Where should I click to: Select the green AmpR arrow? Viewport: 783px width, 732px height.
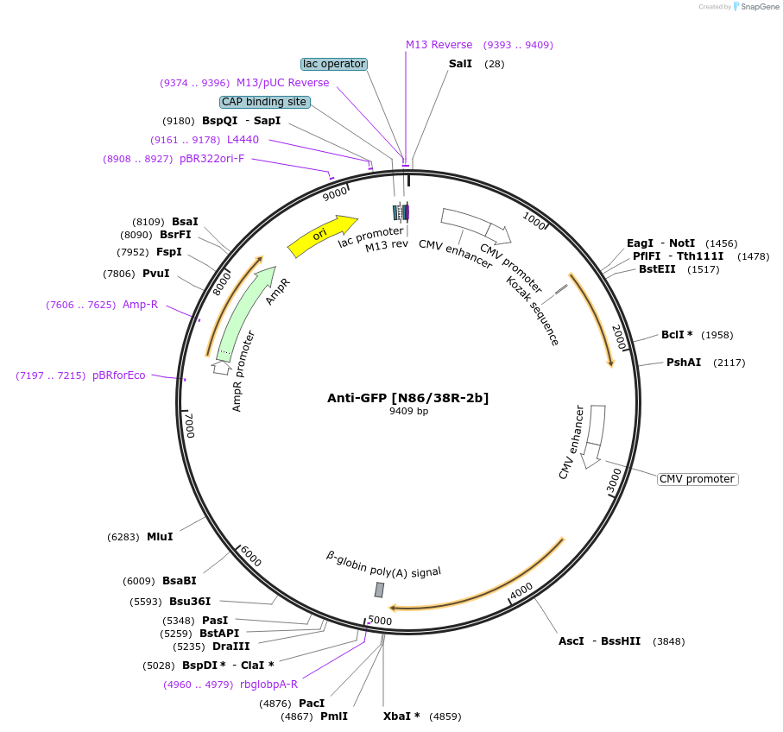click(x=247, y=312)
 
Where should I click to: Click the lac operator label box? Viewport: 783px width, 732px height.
click(x=334, y=64)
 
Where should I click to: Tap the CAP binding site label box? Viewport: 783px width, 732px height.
click(x=264, y=102)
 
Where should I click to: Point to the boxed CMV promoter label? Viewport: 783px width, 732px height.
click(x=697, y=479)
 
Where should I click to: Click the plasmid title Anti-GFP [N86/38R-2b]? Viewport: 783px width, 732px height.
click(x=407, y=398)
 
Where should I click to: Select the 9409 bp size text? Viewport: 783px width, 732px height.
click(x=408, y=412)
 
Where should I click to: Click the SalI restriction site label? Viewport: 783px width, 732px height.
click(x=460, y=64)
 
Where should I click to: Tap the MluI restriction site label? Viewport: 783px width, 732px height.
click(x=160, y=537)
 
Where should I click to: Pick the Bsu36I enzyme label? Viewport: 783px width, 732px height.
click(x=190, y=601)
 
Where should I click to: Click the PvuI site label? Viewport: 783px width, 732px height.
click(x=155, y=274)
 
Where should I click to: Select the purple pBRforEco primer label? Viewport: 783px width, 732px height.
click(x=119, y=375)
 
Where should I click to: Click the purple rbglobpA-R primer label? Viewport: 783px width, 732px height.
click(x=269, y=685)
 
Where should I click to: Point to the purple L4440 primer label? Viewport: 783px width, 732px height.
click(x=243, y=140)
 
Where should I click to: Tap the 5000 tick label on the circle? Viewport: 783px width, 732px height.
click(x=380, y=621)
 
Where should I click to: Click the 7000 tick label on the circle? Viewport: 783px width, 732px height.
click(x=190, y=426)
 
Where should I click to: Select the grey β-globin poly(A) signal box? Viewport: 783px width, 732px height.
click(x=379, y=590)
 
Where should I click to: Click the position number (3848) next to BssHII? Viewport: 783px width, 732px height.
click(x=669, y=641)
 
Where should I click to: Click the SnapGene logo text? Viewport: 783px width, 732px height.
click(x=760, y=7)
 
